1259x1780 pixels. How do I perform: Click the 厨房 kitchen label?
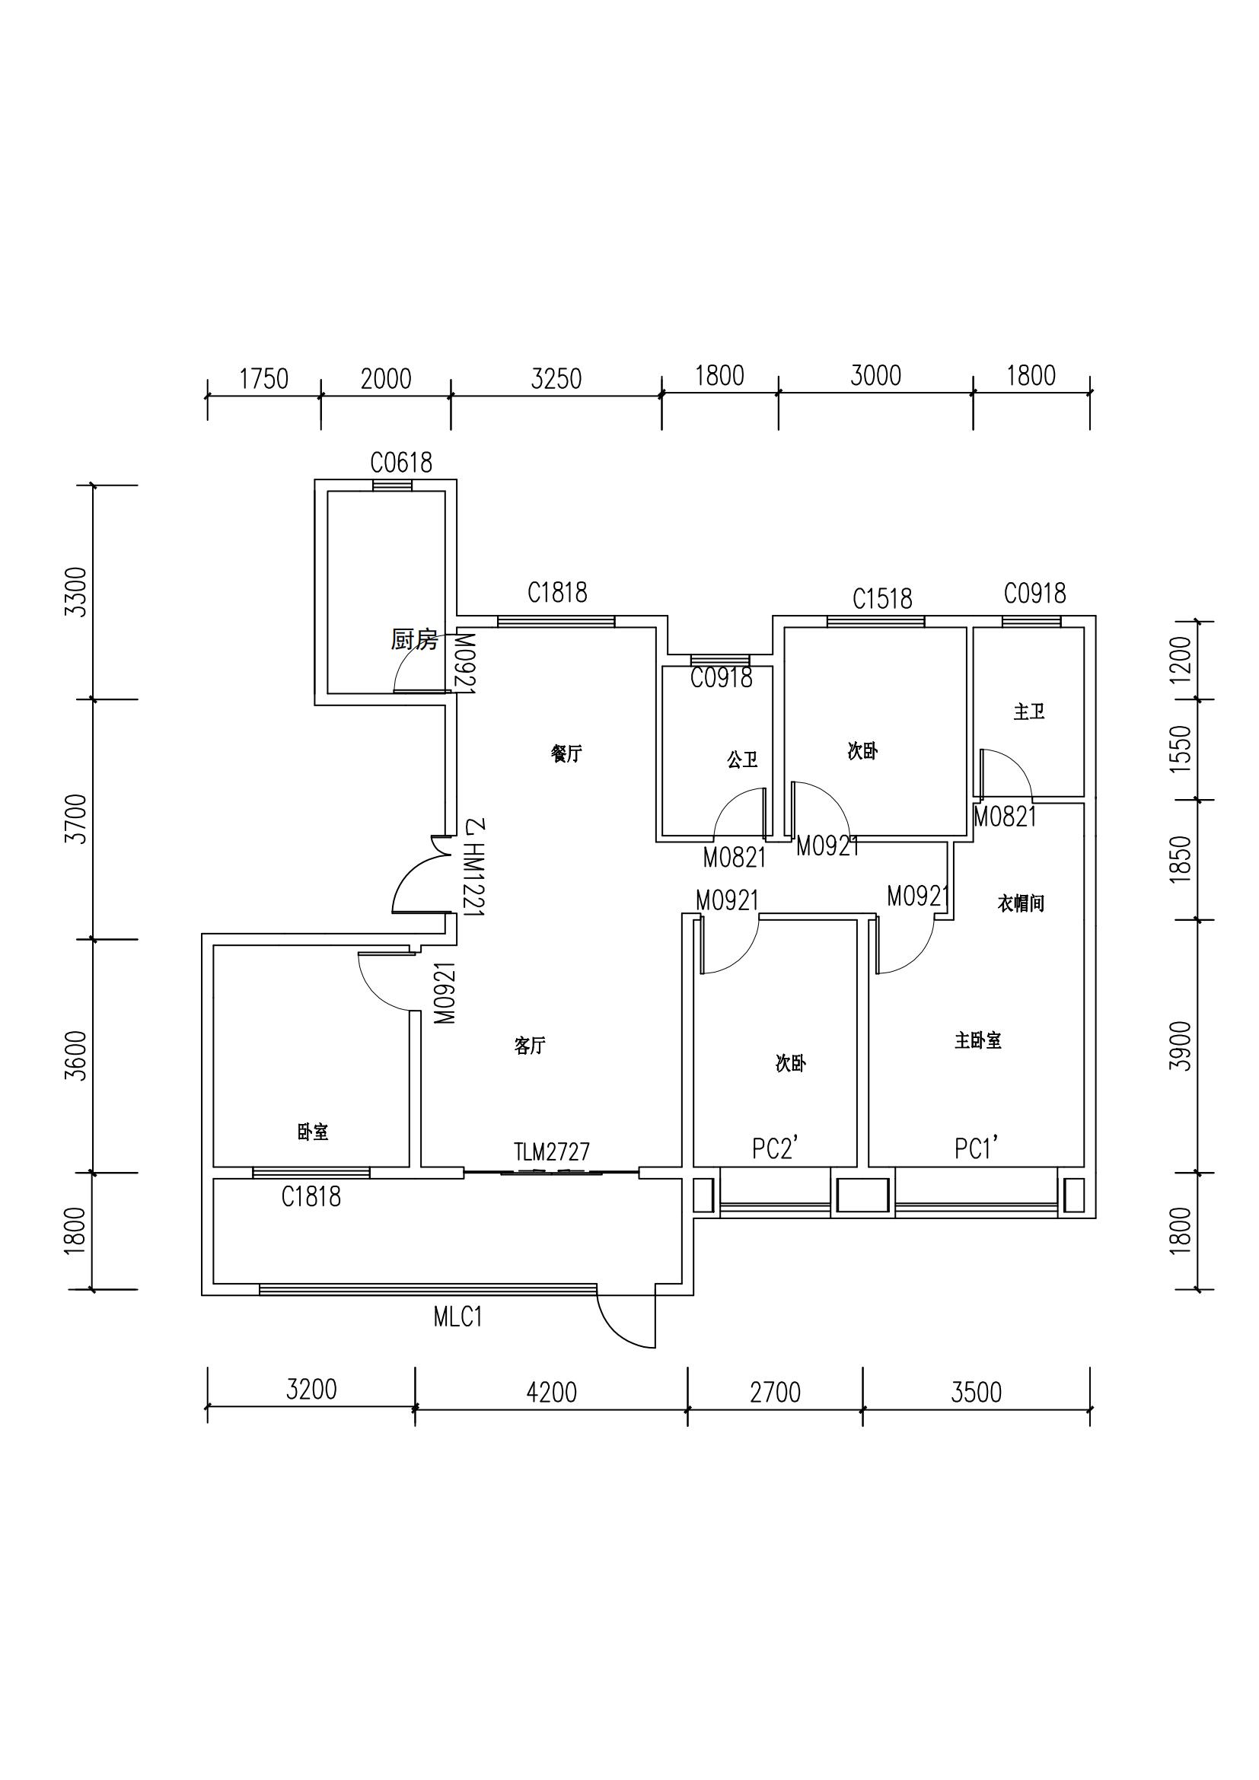point(414,639)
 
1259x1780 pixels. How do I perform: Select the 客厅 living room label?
point(531,1046)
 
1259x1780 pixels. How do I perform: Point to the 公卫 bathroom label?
point(742,759)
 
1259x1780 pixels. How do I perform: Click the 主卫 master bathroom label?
point(1029,711)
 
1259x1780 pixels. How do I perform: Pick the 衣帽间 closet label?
point(1021,903)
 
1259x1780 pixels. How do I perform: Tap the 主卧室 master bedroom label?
point(978,1040)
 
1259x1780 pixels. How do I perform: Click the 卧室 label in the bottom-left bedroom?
point(313,1132)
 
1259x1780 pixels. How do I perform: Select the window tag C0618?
point(401,463)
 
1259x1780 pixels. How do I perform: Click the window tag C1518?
point(882,598)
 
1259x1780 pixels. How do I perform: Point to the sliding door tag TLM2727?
point(552,1151)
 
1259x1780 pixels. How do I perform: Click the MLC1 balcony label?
point(458,1317)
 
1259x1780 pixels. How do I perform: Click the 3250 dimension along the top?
point(556,379)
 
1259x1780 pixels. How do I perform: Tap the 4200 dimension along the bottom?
point(551,1393)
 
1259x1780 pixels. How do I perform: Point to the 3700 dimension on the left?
point(76,819)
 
